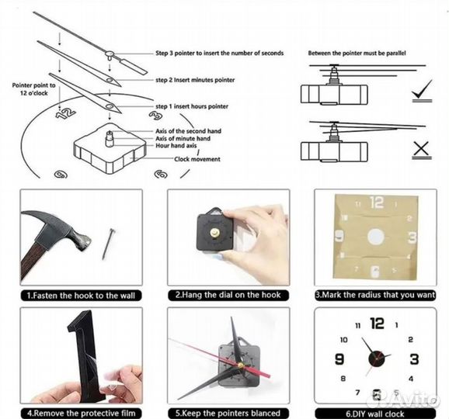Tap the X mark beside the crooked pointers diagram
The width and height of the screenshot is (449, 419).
pos(421,149)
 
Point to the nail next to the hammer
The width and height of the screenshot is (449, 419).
pos(109,244)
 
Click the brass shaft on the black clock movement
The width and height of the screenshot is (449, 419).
pos(214,232)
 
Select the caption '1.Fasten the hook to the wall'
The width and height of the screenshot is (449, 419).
pos(81,296)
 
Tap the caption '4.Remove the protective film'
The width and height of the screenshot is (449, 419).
pos(82,414)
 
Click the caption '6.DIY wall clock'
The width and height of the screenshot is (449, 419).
pos(375,414)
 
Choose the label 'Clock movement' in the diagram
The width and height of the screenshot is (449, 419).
pos(197,159)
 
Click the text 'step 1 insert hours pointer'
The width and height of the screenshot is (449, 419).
pos(192,106)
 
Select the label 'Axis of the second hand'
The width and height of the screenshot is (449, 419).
pos(189,131)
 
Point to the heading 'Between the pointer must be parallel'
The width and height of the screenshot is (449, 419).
pos(357,53)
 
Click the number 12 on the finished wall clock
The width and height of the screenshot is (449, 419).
pos(377,324)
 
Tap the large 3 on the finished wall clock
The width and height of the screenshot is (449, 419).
pos(414,359)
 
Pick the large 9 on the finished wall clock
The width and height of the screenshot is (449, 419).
pos(339,359)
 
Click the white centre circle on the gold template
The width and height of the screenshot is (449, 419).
pos(375,237)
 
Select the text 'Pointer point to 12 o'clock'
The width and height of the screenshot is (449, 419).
pos(33,89)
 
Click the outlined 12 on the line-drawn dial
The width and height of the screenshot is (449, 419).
pos(65,113)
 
